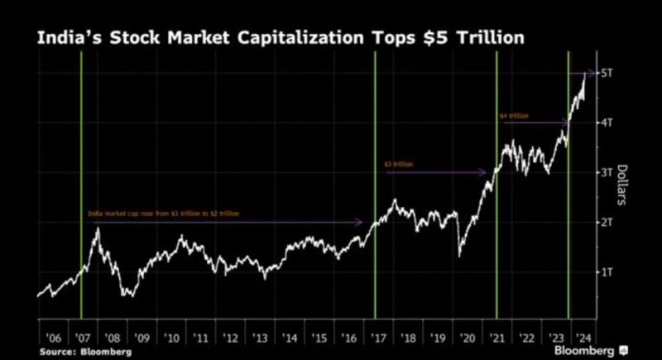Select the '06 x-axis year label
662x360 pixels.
point(54,338)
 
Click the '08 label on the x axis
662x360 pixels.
point(113,338)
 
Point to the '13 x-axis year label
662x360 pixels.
point(260,338)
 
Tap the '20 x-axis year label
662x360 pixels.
point(467,338)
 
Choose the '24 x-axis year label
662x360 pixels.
point(584,338)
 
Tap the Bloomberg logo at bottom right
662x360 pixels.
point(588,351)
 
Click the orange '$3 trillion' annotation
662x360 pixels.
point(399,165)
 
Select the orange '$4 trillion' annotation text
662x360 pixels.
point(514,116)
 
